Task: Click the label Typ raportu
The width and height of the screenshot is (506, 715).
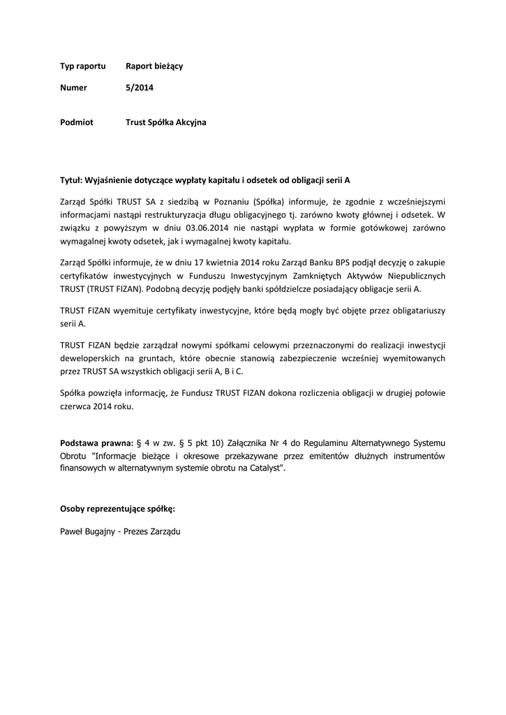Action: point(83,66)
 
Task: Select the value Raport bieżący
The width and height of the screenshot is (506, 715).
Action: point(154,66)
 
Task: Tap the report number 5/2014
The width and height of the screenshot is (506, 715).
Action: point(139,88)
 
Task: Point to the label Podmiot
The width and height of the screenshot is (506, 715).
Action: point(77,122)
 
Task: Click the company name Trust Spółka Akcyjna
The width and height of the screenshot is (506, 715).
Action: point(166,122)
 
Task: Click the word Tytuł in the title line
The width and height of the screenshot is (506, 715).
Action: point(71,179)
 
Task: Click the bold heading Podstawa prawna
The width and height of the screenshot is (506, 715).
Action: point(96,443)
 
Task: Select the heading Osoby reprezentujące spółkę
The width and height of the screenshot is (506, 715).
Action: point(117,508)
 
